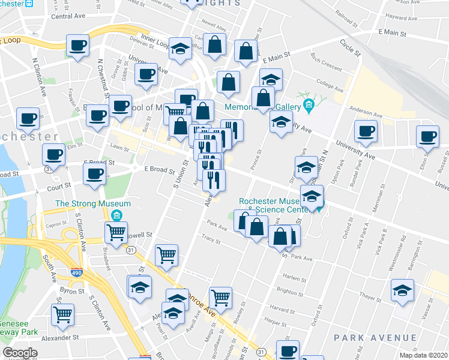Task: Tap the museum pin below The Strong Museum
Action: (118, 215)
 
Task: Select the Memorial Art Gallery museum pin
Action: (309, 107)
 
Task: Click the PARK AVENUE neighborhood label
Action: (375, 338)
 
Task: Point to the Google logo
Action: (20, 353)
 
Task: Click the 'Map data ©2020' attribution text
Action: (423, 355)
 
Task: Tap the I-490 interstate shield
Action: (77, 273)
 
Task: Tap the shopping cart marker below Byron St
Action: (62, 314)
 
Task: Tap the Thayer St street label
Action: (372, 297)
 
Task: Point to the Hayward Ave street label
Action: (402, 18)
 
